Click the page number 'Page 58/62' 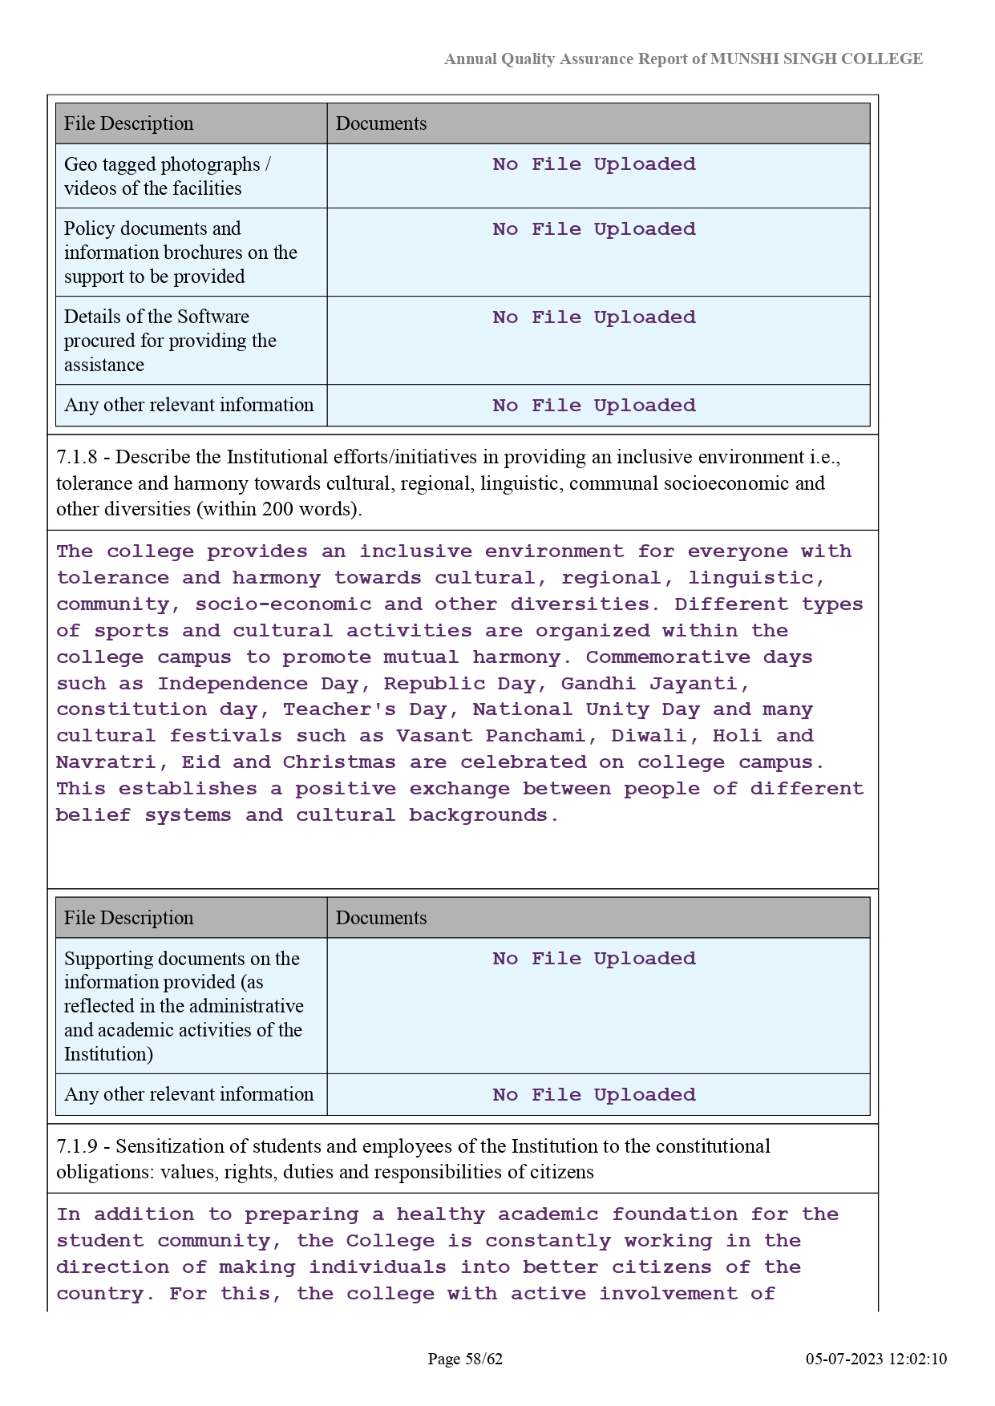(465, 1359)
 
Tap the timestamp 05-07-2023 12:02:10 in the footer (876, 1359)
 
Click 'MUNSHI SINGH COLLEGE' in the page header (816, 59)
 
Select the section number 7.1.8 (76, 457)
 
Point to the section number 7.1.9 (76, 1146)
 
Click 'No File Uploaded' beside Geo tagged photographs (594, 164)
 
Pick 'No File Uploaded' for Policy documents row (594, 229)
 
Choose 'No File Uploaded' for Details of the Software (594, 317)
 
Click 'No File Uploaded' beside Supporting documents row (594, 959)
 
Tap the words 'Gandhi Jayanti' (654, 684)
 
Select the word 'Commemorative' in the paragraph (668, 657)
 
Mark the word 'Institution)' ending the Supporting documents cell (108, 1054)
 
